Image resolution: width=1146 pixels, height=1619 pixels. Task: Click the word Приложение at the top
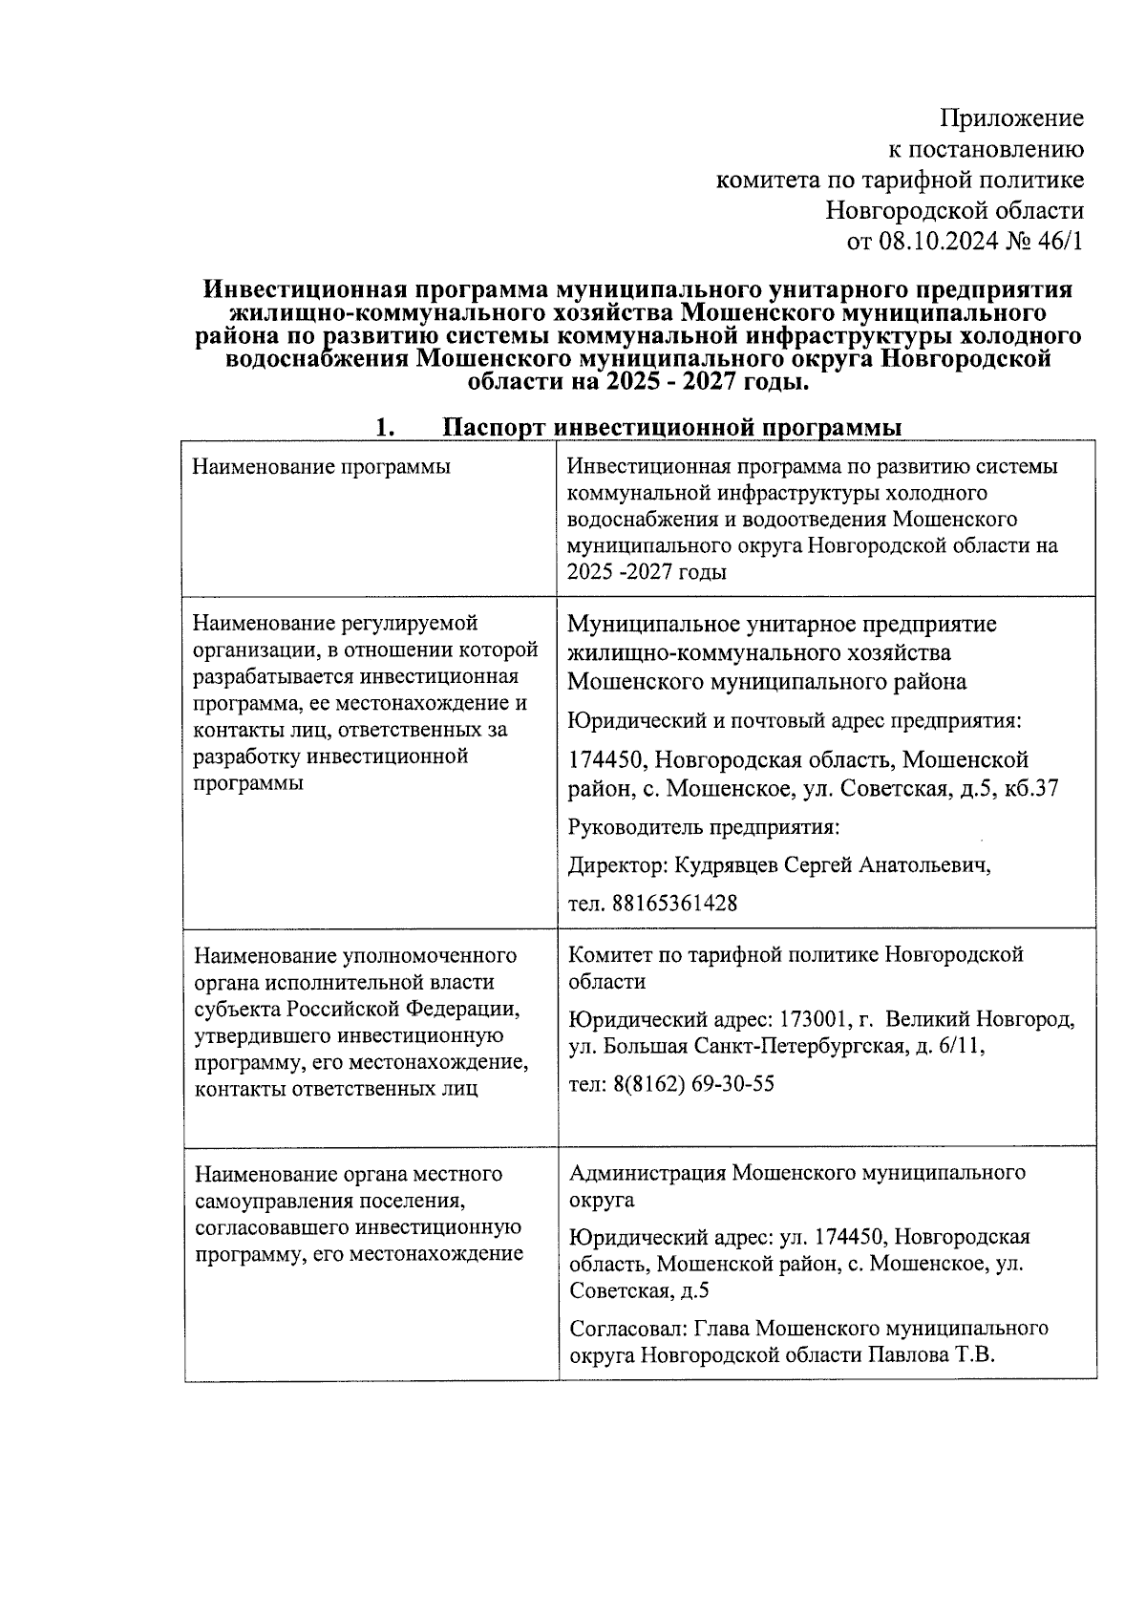pos(1011,118)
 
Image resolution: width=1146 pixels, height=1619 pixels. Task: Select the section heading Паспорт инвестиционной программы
pos(672,427)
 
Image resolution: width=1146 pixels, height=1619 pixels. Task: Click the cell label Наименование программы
pos(321,467)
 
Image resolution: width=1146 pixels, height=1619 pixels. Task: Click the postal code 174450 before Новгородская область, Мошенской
pos(607,760)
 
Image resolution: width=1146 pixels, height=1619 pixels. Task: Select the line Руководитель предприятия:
pos(703,826)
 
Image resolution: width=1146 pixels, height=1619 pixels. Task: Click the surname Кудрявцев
pos(726,864)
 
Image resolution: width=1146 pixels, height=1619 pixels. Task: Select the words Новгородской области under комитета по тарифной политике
pos(954,209)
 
